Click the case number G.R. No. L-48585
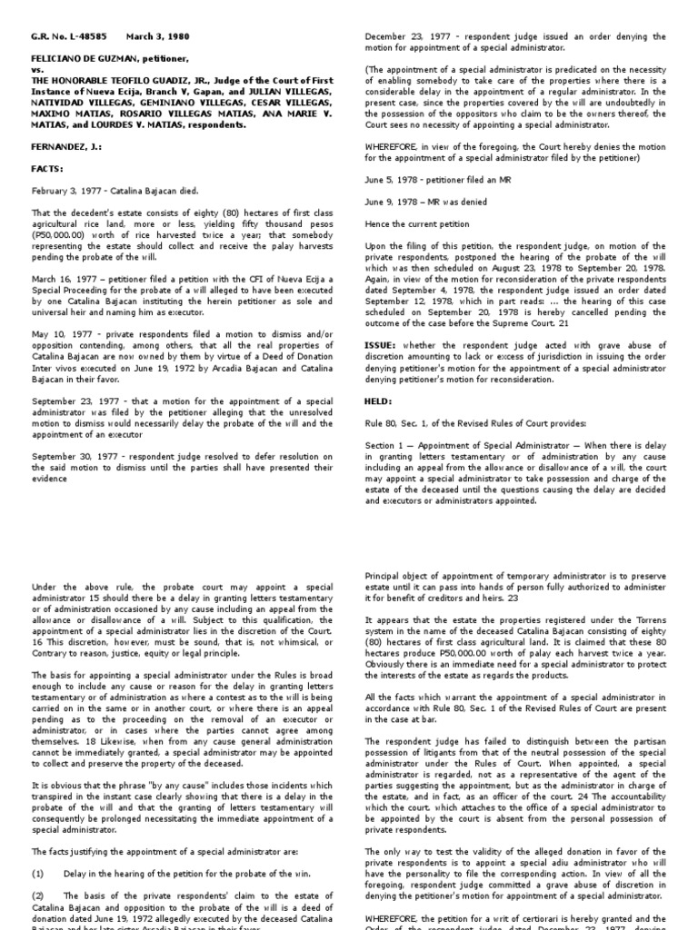(x=60, y=36)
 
